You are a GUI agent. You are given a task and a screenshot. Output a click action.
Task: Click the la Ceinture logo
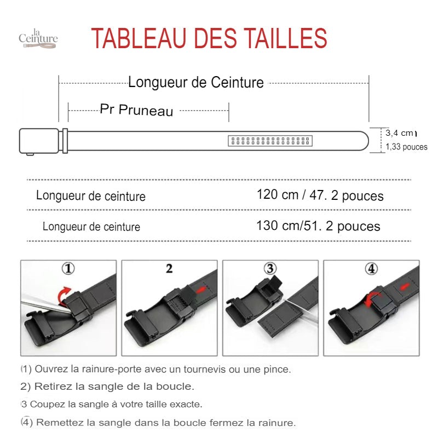tap(38, 38)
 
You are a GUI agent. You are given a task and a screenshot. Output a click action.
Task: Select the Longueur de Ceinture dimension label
tap(196, 83)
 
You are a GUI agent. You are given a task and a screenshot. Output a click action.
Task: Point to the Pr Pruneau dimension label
tap(136, 109)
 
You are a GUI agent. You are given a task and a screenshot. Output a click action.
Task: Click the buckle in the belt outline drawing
tap(39, 141)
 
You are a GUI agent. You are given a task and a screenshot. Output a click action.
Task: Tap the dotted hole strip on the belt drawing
tap(270, 141)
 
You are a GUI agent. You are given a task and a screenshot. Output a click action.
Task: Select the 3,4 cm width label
tap(399, 133)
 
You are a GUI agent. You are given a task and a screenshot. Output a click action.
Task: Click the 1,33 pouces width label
tap(406, 147)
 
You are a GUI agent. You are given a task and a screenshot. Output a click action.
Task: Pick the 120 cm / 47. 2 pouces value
tap(320, 195)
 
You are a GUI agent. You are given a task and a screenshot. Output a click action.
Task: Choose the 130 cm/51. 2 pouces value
tap(318, 226)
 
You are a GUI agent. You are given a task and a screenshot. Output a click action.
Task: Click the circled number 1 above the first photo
tap(68, 268)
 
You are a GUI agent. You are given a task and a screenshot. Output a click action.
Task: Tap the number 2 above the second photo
tap(169, 269)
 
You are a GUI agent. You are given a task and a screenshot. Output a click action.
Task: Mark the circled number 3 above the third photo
tap(270, 268)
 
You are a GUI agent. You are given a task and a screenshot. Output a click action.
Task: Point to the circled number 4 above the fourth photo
tap(371, 269)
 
